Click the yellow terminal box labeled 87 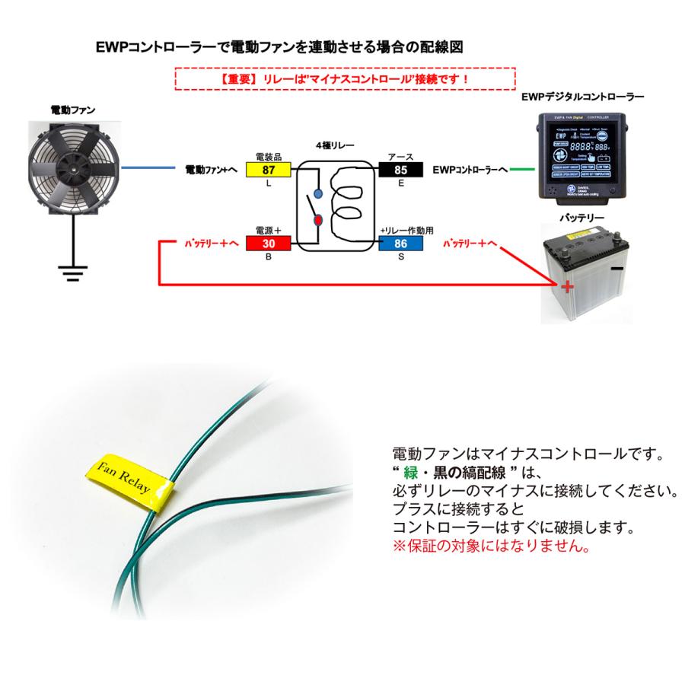click(267, 169)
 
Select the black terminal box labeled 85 click(402, 169)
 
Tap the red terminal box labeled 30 click(267, 244)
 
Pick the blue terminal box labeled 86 click(402, 244)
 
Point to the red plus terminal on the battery click(566, 286)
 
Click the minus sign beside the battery click(617, 269)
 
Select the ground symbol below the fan click(72, 272)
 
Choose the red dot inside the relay click(318, 221)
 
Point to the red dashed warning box click(346, 78)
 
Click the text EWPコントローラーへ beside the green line click(470, 170)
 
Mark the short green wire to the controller click(522, 169)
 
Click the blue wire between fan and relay click(152, 168)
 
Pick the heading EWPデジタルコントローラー click(583, 97)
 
